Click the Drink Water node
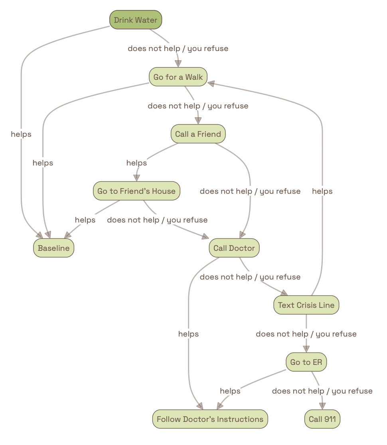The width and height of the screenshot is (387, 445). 136,20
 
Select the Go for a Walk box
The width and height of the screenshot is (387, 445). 178,77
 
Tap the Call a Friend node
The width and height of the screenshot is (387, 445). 198,134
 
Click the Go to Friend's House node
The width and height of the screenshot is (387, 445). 136,191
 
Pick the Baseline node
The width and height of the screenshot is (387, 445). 53,248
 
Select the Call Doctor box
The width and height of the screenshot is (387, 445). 234,248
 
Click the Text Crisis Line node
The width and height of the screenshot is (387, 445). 306,305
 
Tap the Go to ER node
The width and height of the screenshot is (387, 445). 306,362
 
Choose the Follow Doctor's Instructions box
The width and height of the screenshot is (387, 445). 210,419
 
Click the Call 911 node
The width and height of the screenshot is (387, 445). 322,419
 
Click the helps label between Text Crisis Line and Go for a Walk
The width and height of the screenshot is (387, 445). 322,191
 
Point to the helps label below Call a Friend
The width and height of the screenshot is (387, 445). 136,163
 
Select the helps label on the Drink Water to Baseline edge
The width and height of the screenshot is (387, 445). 21,134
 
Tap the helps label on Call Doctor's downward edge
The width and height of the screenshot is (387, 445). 188,334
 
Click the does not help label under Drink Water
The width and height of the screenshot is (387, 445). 178,49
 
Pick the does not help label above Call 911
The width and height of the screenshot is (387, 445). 322,391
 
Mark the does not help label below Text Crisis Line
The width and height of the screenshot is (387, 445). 306,334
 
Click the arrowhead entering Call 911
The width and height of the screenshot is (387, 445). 322,406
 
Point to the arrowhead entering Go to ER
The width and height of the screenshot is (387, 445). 306,349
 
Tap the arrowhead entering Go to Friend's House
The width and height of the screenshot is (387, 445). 137,178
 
